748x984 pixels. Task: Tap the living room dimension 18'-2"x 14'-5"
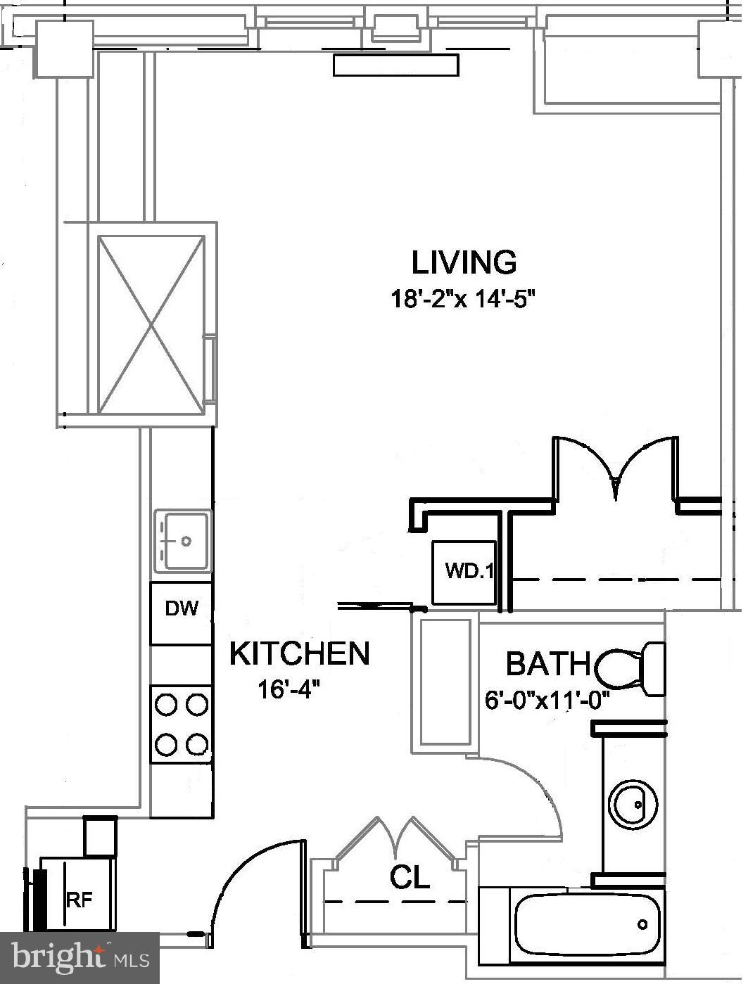click(x=464, y=299)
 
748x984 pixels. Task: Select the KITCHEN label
click(x=299, y=653)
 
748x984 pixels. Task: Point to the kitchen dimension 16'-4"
click(x=289, y=689)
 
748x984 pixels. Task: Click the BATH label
click(x=548, y=663)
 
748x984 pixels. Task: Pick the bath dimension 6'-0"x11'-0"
click(x=546, y=701)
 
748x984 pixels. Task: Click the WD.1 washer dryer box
click(x=464, y=572)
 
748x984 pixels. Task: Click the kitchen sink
click(x=182, y=540)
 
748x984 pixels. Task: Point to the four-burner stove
click(x=182, y=724)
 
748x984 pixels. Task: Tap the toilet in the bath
click(x=630, y=667)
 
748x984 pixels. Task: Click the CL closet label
click(x=410, y=877)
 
